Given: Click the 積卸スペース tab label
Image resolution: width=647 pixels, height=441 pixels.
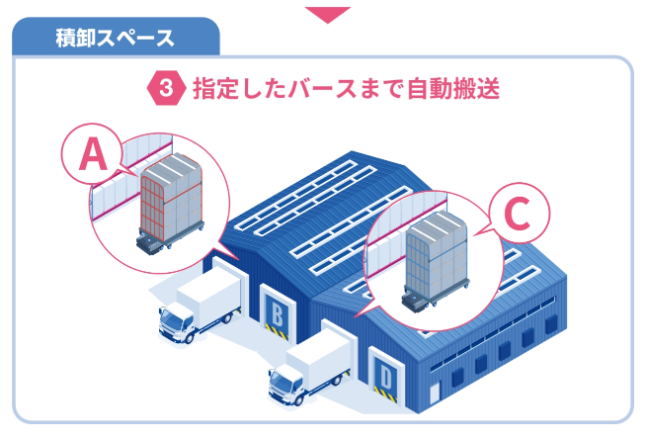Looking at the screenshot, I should [116, 39].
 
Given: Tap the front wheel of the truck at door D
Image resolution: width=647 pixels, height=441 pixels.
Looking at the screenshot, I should [297, 400].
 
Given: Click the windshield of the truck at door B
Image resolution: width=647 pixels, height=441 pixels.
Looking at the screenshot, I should [170, 318].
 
